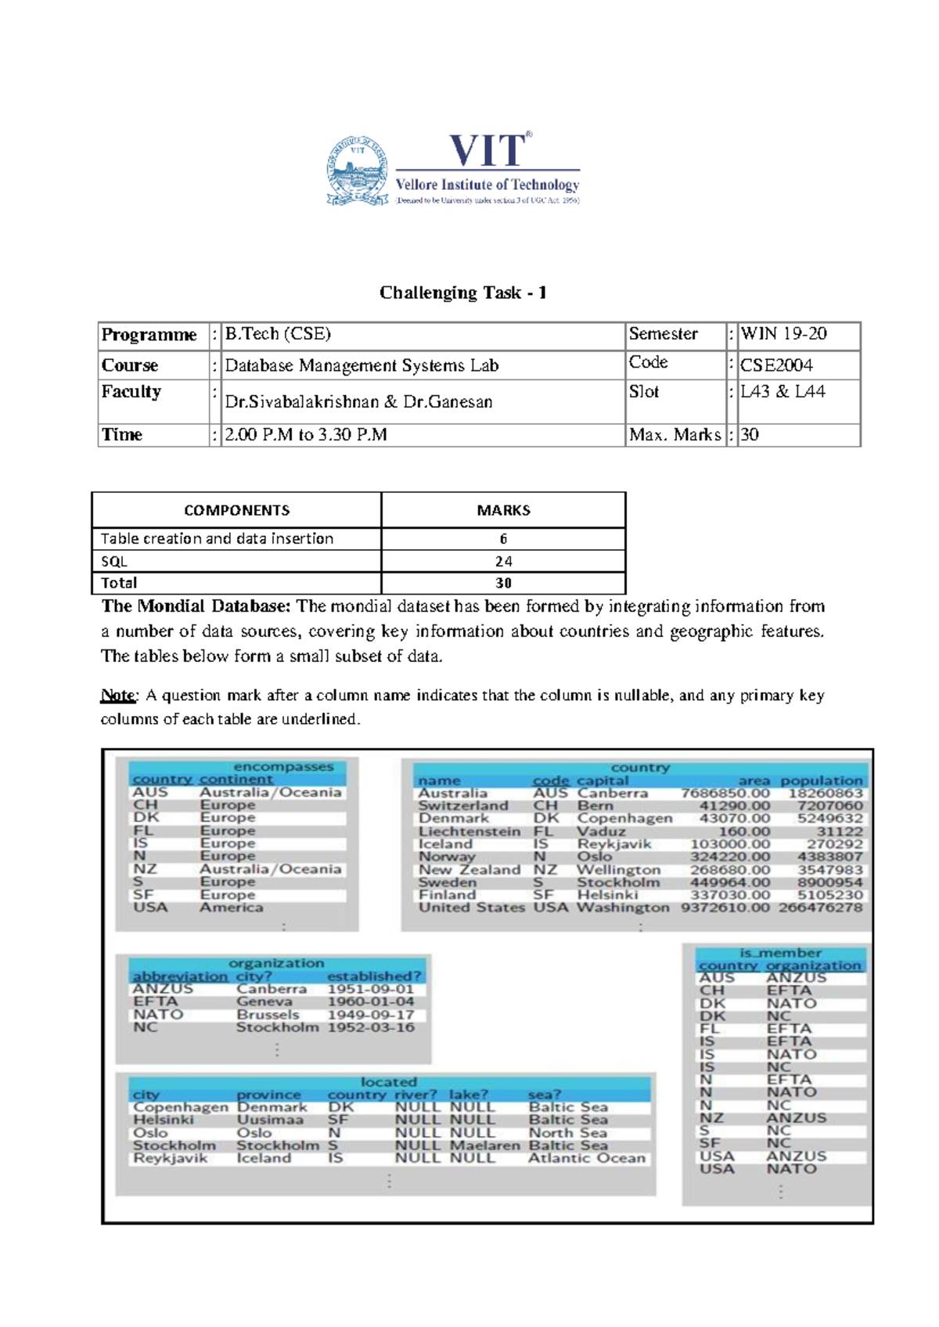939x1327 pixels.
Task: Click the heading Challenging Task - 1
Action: click(x=462, y=293)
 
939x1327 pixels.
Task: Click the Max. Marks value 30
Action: click(x=749, y=435)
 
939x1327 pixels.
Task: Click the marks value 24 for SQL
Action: click(x=503, y=562)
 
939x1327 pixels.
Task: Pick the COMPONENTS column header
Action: click(x=236, y=511)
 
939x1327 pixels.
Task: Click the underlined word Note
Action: click(x=118, y=696)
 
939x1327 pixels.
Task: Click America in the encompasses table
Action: click(x=231, y=908)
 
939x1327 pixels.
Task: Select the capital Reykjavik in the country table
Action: click(x=613, y=844)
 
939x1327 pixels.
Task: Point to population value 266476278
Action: click(x=820, y=908)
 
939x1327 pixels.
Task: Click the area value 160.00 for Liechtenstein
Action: click(x=744, y=832)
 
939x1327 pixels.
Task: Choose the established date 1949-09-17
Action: click(x=370, y=1015)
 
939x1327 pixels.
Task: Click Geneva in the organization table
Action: click(x=264, y=1002)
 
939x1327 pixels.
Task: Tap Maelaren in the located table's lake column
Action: click(x=484, y=1145)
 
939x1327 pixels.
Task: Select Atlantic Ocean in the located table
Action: click(x=587, y=1158)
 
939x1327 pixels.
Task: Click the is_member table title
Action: click(x=780, y=953)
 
